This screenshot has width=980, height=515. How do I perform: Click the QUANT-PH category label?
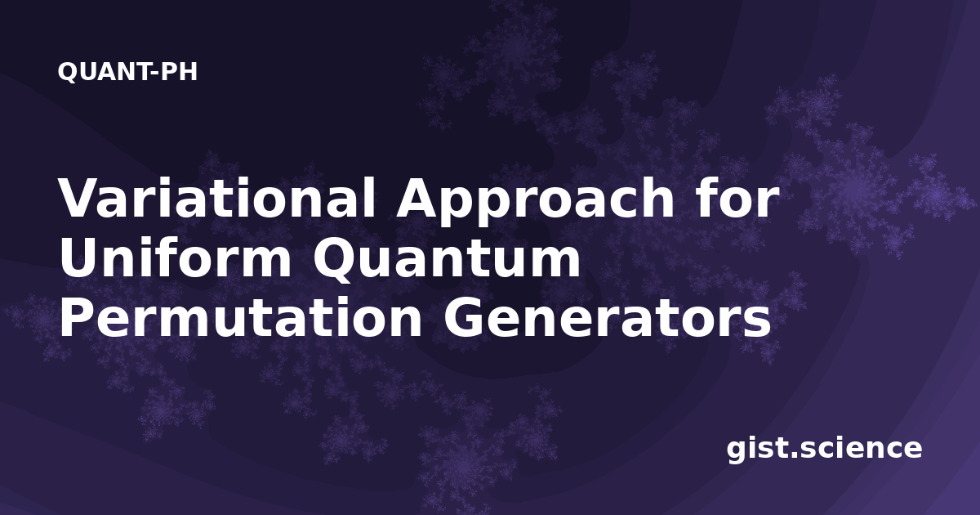127,72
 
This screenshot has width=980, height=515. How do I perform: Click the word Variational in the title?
217,197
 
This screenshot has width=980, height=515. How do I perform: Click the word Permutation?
241,317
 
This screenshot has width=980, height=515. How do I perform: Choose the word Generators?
607,317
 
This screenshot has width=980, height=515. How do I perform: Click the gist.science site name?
824,450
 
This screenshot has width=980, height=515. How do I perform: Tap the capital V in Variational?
83,198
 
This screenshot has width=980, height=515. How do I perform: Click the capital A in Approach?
420,198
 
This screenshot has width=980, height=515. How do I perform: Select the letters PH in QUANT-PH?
179,72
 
